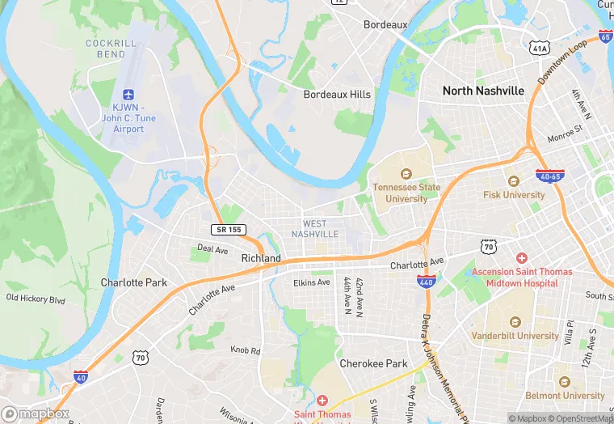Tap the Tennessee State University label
(406, 193)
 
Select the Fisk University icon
(513, 180)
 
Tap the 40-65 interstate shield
(549, 175)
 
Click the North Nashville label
(483, 91)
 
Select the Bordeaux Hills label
(337, 95)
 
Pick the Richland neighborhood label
(261, 258)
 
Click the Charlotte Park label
(133, 282)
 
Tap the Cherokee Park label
(373, 363)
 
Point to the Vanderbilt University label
(516, 336)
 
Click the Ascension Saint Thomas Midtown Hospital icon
(522, 258)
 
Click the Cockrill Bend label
(106, 49)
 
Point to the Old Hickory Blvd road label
(35, 299)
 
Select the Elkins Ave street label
(311, 282)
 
